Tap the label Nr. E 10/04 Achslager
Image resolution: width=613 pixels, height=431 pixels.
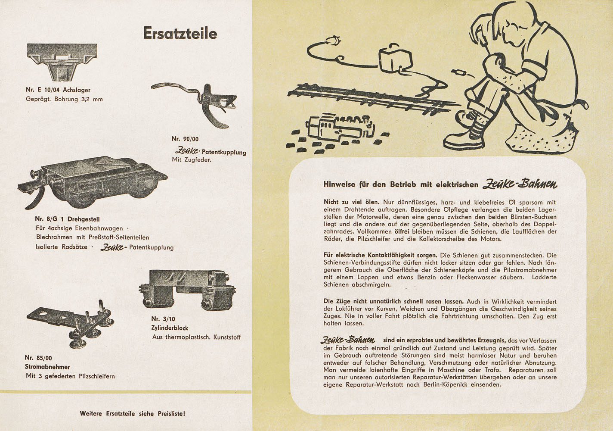pyautogui.click(x=58, y=90)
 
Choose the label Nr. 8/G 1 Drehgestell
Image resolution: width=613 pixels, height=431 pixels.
pyautogui.click(x=68, y=219)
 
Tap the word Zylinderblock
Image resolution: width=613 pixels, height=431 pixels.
pyautogui.click(x=170, y=328)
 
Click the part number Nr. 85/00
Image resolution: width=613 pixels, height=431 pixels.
pyautogui.click(x=38, y=358)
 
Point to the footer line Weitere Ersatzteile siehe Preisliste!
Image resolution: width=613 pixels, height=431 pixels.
pyautogui.click(x=133, y=414)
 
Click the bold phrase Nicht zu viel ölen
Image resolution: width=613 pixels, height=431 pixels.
pyautogui.click(x=351, y=202)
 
